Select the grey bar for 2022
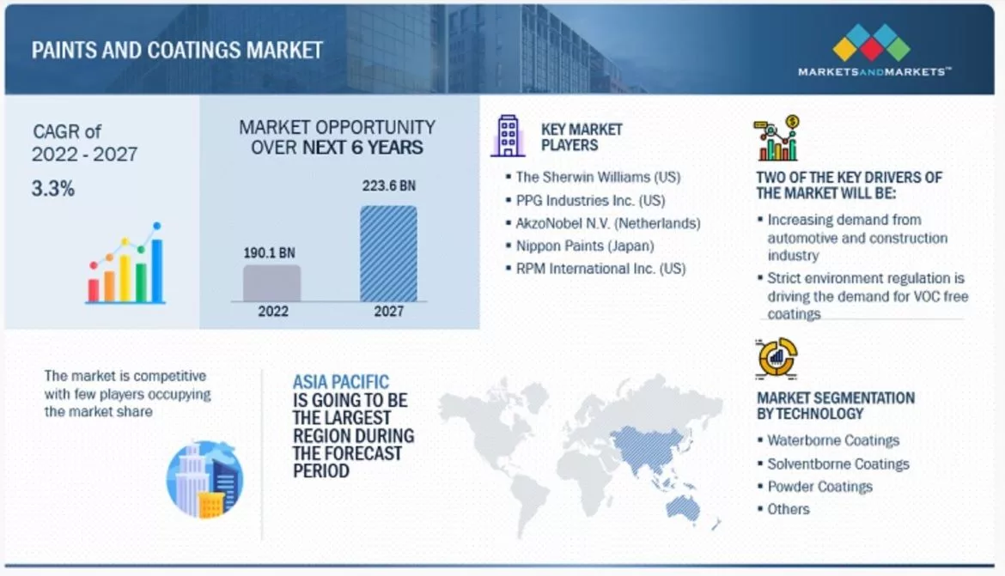(x=271, y=282)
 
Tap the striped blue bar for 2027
(x=388, y=253)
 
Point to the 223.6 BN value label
(x=389, y=185)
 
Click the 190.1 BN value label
(x=268, y=252)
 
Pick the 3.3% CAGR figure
(x=53, y=189)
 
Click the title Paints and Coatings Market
(x=177, y=49)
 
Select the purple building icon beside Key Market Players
(x=508, y=136)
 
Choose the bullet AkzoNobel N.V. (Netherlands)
(x=608, y=223)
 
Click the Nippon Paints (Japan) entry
(x=585, y=246)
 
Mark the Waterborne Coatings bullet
(x=833, y=440)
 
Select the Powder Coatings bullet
(x=819, y=486)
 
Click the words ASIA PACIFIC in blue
(x=341, y=382)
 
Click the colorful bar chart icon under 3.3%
(x=125, y=266)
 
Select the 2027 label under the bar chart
(x=388, y=311)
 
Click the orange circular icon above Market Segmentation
(x=777, y=357)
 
